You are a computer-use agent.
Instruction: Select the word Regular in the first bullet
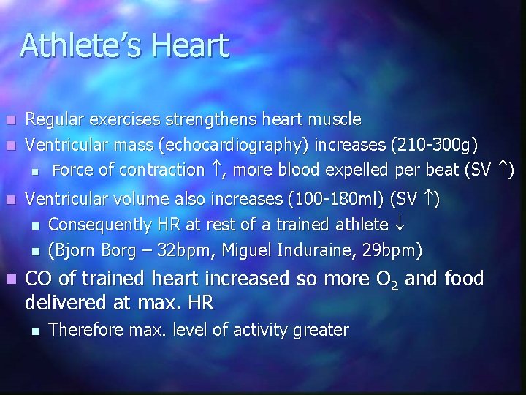tap(53, 118)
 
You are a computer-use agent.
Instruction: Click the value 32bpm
tap(190, 251)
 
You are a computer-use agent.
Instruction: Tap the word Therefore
tap(86, 331)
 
